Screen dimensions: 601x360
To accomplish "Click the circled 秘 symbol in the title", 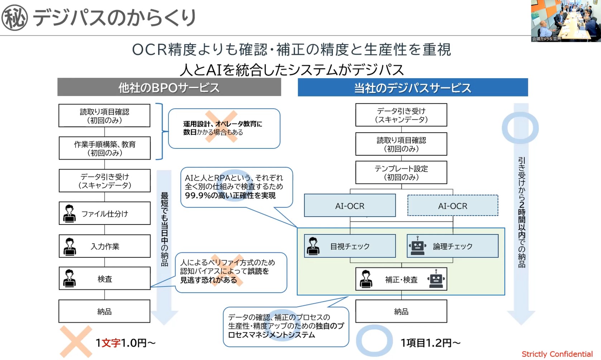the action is [x=14, y=18].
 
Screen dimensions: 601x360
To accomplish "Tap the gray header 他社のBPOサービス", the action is [x=169, y=87].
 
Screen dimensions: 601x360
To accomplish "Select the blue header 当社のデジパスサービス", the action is [x=412, y=87].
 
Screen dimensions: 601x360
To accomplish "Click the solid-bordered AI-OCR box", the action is [x=350, y=206].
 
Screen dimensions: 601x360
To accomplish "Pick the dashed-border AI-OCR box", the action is [x=453, y=206].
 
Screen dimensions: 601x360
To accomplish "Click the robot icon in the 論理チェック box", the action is [x=417, y=246].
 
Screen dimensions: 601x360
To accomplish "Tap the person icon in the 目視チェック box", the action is [x=313, y=246].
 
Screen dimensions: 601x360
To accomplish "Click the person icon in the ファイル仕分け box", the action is [x=69, y=214].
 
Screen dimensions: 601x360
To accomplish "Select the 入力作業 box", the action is [x=105, y=246].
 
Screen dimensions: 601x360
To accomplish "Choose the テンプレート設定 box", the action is [x=401, y=172].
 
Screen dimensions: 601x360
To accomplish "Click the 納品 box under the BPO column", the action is [x=104, y=311].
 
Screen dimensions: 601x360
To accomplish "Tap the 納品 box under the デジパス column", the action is [x=401, y=311].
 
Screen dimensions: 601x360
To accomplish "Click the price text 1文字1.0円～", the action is [x=125, y=343].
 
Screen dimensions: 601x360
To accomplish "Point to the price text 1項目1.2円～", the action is [x=430, y=343].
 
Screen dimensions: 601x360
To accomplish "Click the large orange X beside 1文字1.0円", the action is [x=76, y=341].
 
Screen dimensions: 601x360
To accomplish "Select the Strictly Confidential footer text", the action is [x=557, y=354].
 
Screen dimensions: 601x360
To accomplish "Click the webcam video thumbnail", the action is [x=566, y=21].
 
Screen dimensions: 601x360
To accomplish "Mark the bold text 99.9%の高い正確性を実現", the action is [x=230, y=195].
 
